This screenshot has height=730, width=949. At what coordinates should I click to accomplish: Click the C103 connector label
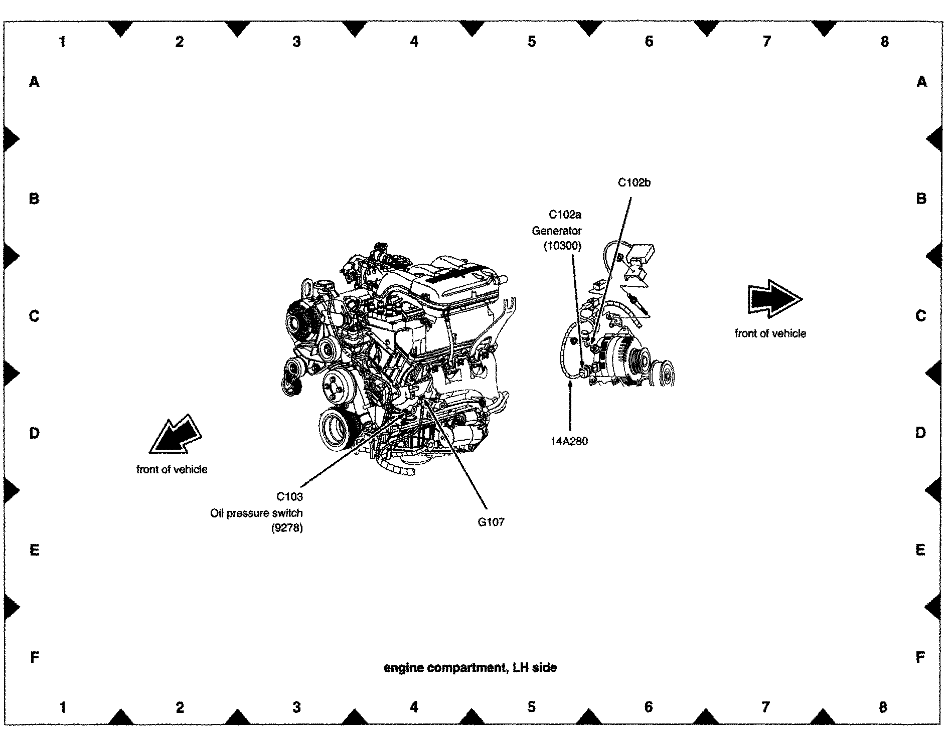click(290, 497)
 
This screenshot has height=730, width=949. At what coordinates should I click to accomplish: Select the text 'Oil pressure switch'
click(256, 513)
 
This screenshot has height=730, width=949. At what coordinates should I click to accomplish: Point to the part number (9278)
click(287, 528)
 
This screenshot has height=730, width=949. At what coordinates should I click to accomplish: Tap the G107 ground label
click(491, 522)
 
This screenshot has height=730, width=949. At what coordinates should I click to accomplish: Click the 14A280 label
click(569, 441)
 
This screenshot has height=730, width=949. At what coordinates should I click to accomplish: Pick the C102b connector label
click(634, 183)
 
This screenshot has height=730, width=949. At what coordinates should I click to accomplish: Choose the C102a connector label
click(565, 215)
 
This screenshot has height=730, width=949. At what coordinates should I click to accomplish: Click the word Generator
click(557, 231)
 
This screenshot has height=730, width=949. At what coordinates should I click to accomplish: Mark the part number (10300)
click(562, 246)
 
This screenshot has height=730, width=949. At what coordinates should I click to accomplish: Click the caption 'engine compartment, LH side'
click(470, 668)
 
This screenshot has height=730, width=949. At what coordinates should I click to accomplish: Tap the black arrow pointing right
click(774, 300)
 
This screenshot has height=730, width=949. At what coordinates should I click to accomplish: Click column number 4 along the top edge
click(414, 41)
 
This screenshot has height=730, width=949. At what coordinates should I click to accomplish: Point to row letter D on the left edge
click(34, 433)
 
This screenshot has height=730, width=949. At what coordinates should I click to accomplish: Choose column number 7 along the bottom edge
click(765, 707)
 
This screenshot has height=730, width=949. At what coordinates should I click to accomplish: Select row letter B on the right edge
click(921, 199)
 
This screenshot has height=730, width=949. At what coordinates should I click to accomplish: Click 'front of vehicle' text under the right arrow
click(770, 333)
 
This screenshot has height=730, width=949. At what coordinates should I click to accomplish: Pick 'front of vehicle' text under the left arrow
click(172, 469)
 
